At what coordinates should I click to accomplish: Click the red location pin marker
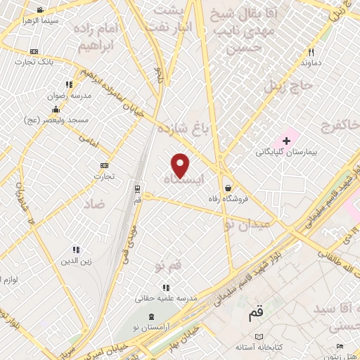coord(181,165)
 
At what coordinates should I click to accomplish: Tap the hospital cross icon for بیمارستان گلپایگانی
coord(286,141)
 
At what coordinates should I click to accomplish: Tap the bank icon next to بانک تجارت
coord(34,52)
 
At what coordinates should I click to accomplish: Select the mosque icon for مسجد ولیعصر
coord(56,109)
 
